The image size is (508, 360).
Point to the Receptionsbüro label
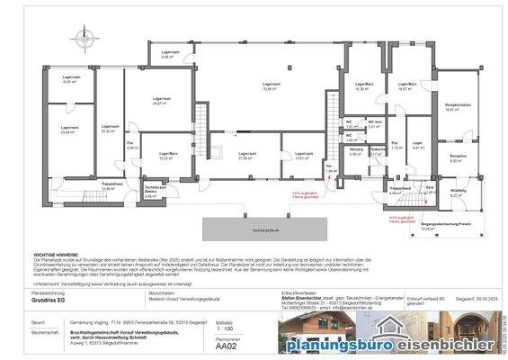tap(459, 107)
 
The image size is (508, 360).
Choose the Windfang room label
tap(459, 193)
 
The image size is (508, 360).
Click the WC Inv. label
tap(376, 124)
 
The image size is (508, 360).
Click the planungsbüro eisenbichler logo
tap(397, 344)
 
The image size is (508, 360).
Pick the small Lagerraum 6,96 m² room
tap(167, 53)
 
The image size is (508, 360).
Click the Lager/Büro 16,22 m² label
tap(167, 155)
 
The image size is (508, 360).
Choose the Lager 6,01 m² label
tap(417, 146)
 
